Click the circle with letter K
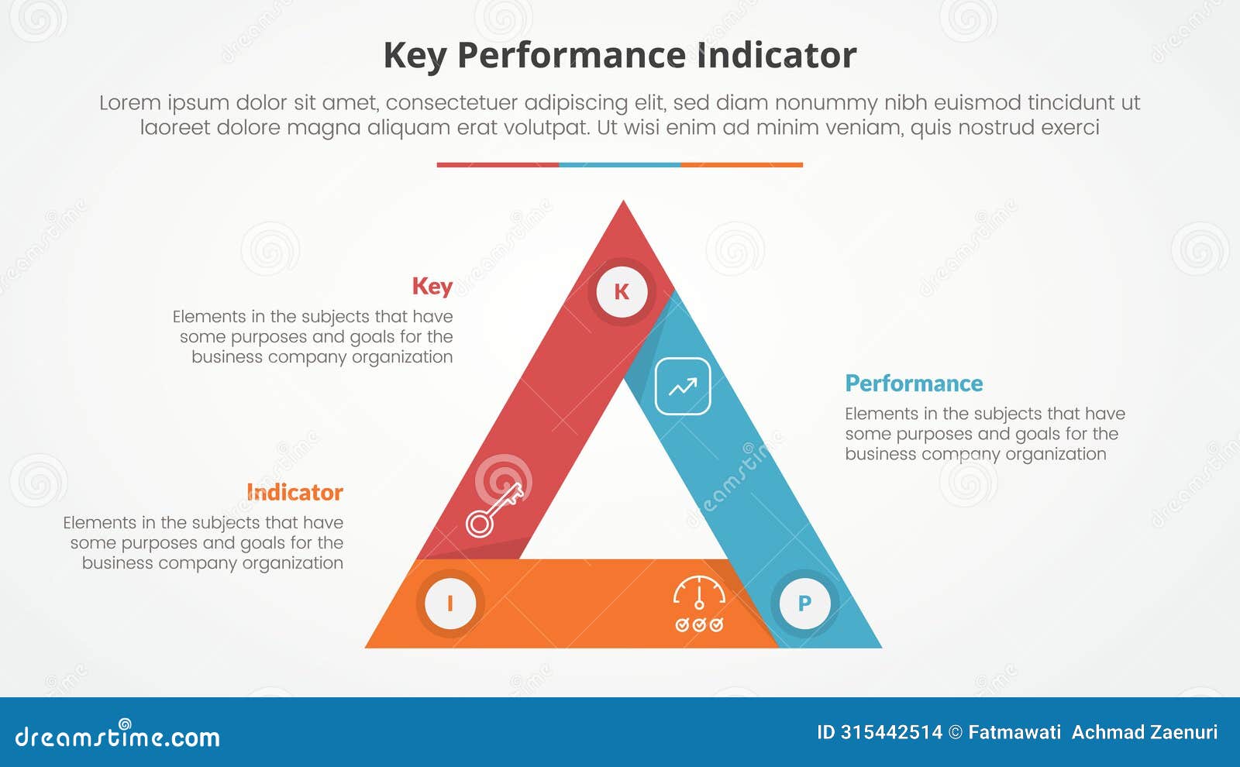pos(622,291)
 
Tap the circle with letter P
pos(804,603)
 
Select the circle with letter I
pos(450,603)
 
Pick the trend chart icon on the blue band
pos(683,387)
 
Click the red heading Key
pos(432,286)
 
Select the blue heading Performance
pos(914,383)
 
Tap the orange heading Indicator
pos(294,492)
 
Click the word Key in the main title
pos(415,56)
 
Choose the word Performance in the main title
pos(571,56)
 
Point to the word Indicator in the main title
pos(777,56)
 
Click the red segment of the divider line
pos(498,165)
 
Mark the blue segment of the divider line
pos(620,165)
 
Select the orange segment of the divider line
pos(742,165)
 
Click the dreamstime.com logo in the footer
pos(118,736)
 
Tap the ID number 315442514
pos(891,732)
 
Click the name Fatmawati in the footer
pos(1014,732)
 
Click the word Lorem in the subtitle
pos(129,102)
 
